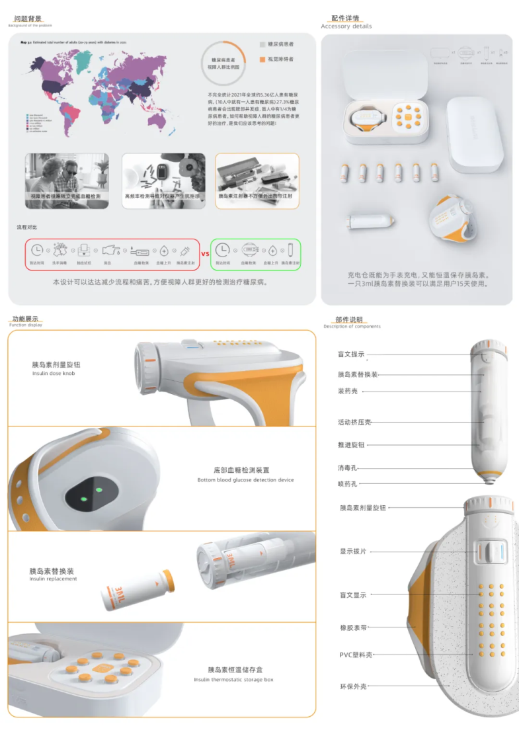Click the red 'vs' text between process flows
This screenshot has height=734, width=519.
point(204,253)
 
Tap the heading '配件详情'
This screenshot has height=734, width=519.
point(345,19)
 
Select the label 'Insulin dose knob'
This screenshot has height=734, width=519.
point(54,374)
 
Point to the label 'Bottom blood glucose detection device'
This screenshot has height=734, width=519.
point(245,480)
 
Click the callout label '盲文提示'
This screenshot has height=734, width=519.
point(351,354)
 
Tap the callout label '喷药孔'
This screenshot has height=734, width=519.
point(348,483)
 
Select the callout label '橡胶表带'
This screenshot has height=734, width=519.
point(352,627)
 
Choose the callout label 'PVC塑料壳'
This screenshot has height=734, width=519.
point(355,655)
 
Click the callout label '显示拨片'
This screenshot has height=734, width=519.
point(352,551)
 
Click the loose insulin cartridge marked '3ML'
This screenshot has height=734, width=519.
point(138,588)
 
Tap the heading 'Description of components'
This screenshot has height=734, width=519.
point(352,327)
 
